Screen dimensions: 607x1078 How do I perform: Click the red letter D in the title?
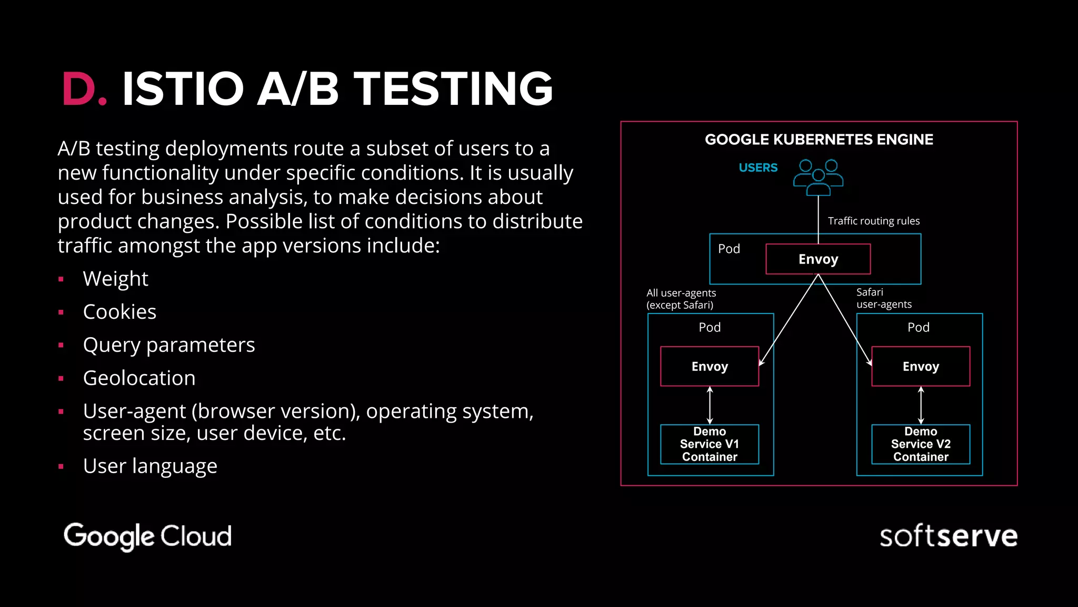[78, 89]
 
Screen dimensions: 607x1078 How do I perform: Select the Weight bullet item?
[115, 279]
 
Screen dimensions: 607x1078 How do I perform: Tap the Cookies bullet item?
[119, 312]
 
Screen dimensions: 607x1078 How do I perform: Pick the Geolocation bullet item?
[139, 378]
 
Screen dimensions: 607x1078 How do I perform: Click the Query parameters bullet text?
[168, 345]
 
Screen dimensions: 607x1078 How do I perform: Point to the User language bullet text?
[150, 466]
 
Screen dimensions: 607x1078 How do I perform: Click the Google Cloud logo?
[147, 536]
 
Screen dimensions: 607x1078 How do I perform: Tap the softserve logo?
[948, 536]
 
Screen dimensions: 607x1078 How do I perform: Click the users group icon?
[818, 177]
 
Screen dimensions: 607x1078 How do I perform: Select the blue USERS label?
[758, 168]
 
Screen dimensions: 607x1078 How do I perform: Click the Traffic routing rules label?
[874, 221]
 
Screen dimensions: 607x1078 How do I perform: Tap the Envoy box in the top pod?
[818, 259]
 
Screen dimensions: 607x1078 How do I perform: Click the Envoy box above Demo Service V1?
[710, 366]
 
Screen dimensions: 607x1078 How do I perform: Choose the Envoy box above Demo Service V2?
[921, 366]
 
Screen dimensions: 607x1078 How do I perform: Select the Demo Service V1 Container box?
[710, 444]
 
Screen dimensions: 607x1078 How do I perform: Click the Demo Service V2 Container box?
[921, 444]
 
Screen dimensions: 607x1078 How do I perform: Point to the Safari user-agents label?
[883, 298]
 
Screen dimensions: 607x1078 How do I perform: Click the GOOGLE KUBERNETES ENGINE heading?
[819, 140]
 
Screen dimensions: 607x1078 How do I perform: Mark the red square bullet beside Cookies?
[61, 312]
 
